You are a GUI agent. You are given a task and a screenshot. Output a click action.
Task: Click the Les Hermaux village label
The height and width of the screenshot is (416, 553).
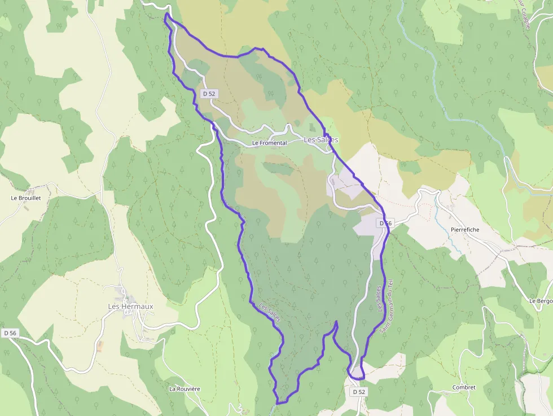point(130,306)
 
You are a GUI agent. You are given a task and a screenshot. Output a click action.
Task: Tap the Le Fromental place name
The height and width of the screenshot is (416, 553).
point(269,143)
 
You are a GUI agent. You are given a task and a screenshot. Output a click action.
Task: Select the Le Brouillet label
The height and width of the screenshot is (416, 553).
point(26,199)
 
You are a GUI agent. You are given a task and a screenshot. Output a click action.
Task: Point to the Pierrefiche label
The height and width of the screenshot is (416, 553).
point(465,230)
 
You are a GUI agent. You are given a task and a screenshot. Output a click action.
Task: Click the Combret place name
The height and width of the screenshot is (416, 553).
point(464,388)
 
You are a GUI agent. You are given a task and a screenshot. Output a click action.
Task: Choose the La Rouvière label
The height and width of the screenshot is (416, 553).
point(185,389)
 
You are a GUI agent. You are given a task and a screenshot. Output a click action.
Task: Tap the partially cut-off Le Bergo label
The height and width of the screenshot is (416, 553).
point(541,301)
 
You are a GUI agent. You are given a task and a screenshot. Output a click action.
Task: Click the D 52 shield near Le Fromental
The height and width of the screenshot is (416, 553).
point(209,94)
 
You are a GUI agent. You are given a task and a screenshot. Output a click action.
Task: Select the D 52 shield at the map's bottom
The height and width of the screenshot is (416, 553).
point(359,392)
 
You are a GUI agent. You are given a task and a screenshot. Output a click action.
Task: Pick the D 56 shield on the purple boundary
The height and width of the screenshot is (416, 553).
point(385,224)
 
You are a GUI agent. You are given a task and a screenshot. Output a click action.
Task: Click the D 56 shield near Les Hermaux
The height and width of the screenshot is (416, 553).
point(10,334)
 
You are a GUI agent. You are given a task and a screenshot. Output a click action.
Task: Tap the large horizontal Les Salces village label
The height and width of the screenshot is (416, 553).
point(321,139)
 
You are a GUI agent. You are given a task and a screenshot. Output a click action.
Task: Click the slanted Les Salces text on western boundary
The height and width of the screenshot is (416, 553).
point(269,314)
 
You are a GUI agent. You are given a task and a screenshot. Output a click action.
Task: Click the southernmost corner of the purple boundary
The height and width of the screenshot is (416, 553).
point(277,403)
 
